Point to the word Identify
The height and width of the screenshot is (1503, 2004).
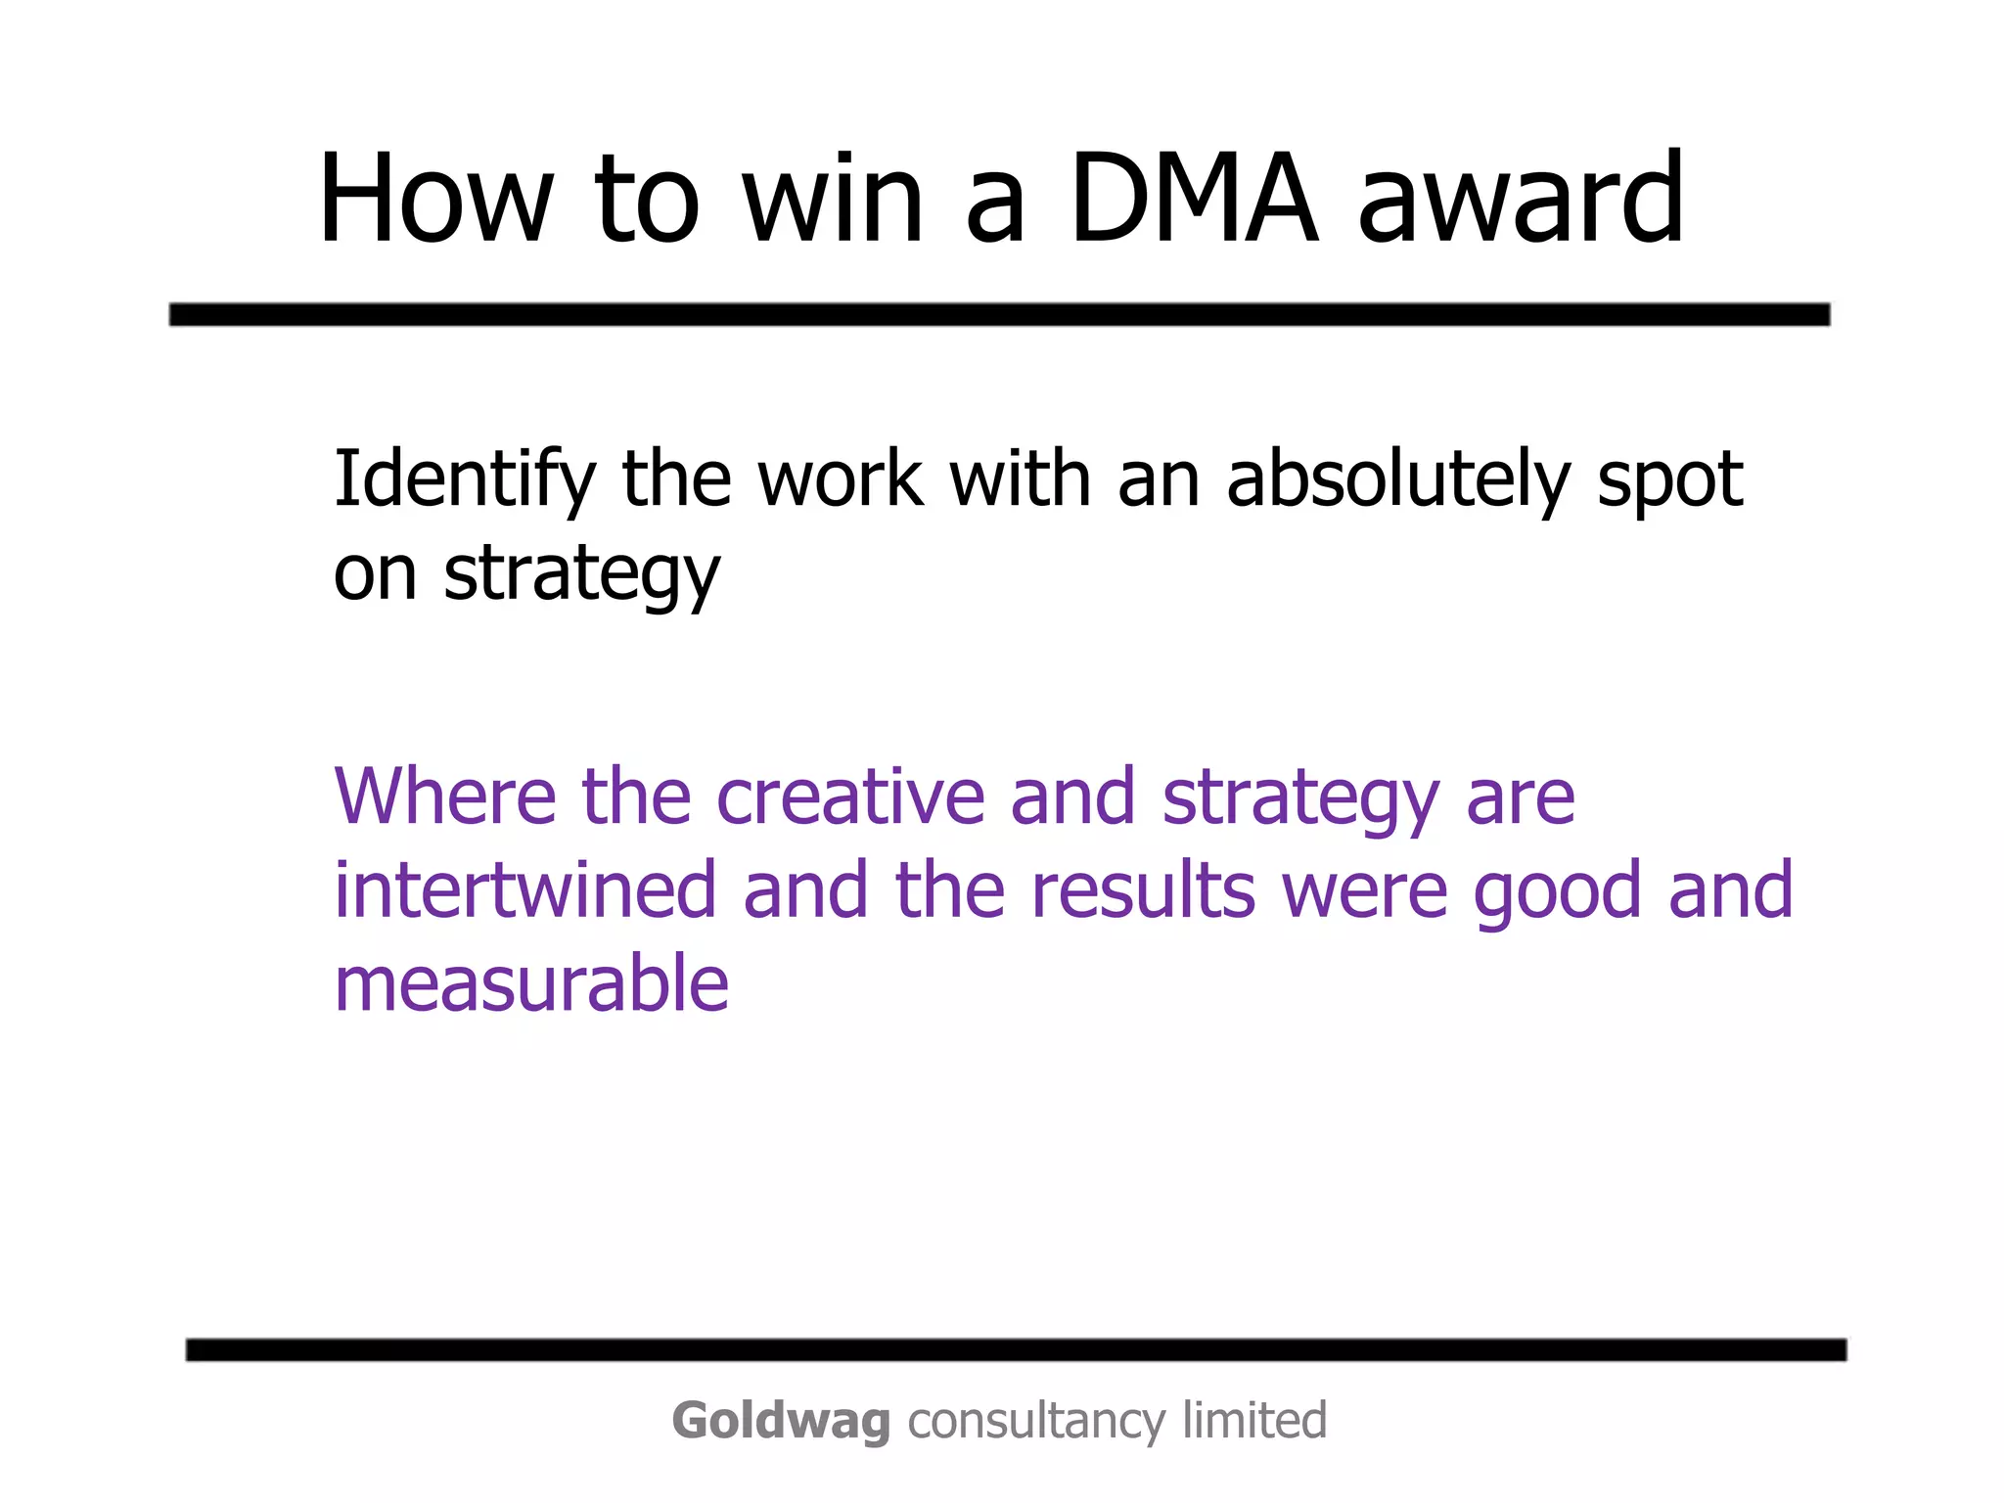pyautogui.click(x=464, y=480)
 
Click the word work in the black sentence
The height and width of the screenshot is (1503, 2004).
pyautogui.click(x=841, y=478)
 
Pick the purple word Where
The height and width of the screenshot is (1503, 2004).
pyautogui.click(x=445, y=797)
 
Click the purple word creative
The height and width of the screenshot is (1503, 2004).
pyautogui.click(x=850, y=797)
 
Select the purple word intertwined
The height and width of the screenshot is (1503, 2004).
pyautogui.click(x=525, y=890)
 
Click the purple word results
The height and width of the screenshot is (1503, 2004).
pyautogui.click(x=1143, y=890)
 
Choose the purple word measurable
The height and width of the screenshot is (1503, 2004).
pyautogui.click(x=531, y=983)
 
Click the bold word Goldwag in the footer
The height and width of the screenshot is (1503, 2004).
pyautogui.click(x=781, y=1421)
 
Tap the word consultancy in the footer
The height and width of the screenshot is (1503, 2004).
pyautogui.click(x=1036, y=1422)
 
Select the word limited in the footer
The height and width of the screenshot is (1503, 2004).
pyautogui.click(x=1254, y=1420)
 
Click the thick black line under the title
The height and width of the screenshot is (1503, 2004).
pyautogui.click(x=998, y=314)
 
